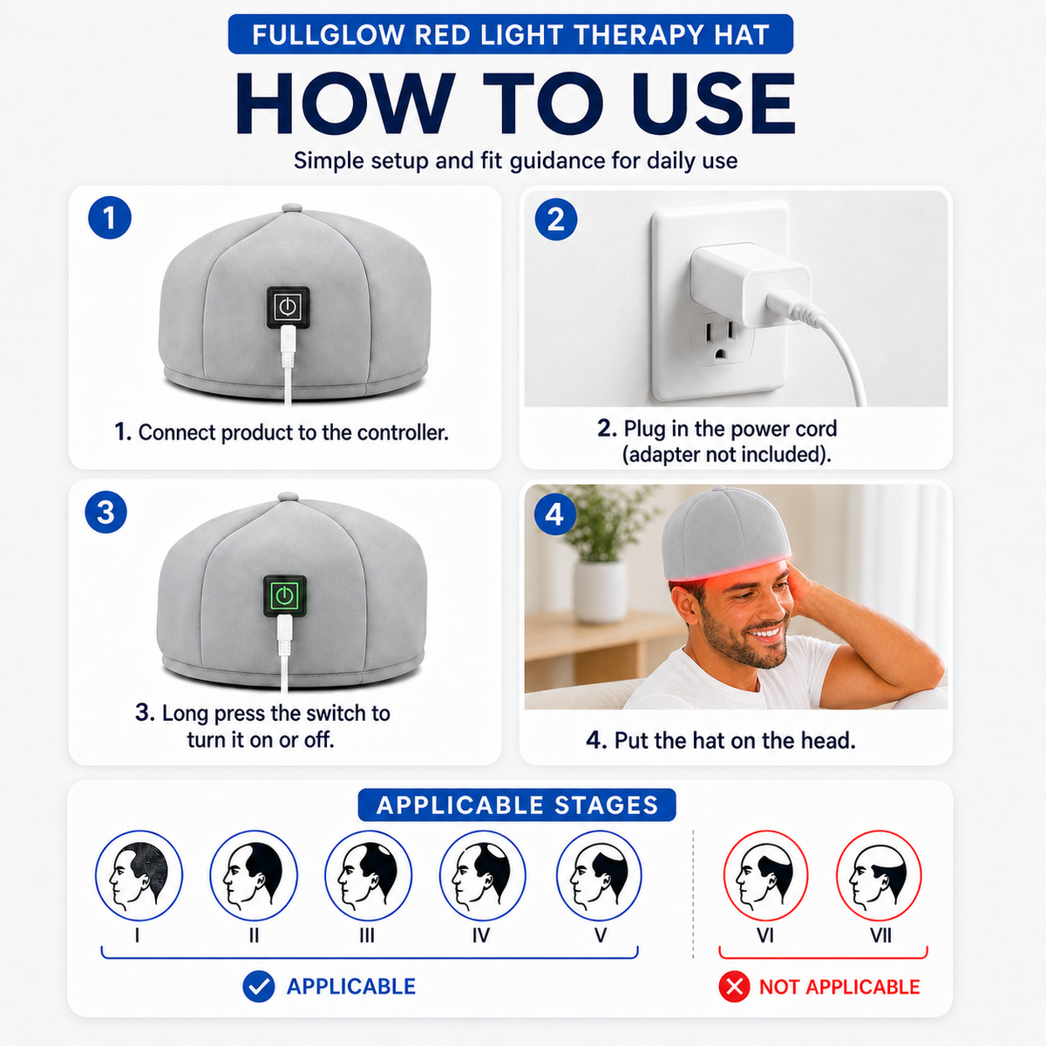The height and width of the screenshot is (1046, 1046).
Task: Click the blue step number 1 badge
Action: click(x=110, y=218)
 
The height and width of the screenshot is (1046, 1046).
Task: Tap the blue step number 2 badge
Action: click(x=556, y=220)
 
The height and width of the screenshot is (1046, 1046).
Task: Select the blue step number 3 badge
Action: click(x=105, y=513)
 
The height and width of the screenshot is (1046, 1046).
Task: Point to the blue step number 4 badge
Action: click(x=555, y=514)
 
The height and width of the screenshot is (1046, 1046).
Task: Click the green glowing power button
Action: click(x=284, y=596)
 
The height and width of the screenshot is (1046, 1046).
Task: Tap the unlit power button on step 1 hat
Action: click(x=288, y=307)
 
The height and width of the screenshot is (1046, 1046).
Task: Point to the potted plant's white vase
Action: click(x=600, y=591)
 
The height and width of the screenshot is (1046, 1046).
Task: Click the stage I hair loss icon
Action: click(x=139, y=875)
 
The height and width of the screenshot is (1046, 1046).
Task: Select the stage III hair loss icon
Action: click(x=368, y=875)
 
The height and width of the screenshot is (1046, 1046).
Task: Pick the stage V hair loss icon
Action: click(x=599, y=875)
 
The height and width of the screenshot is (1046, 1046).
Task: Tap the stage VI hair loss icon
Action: click(x=765, y=875)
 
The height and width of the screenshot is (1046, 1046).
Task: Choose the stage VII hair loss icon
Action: click(x=879, y=875)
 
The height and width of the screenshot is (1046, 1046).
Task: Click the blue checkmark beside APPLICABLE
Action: click(x=258, y=986)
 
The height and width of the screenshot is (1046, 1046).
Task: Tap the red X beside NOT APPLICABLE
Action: click(x=734, y=987)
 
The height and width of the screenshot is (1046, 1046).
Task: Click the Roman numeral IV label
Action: click(x=481, y=935)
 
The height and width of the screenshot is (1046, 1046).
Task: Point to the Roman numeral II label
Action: click(x=254, y=935)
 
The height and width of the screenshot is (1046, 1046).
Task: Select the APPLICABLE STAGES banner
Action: click(x=517, y=805)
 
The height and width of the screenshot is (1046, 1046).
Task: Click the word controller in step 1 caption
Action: click(x=403, y=432)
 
